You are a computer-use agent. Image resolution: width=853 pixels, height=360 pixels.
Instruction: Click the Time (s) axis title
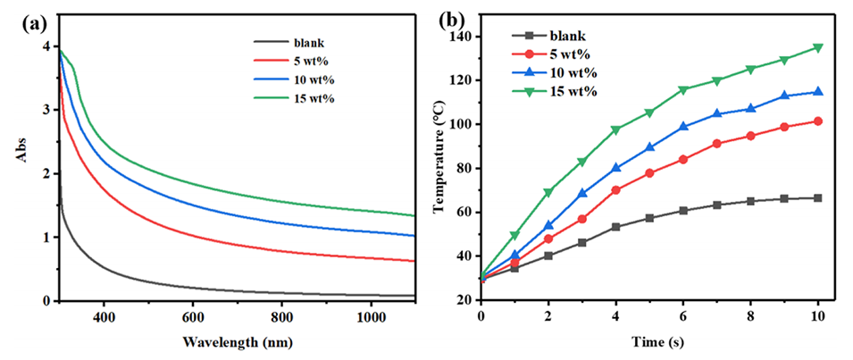649,342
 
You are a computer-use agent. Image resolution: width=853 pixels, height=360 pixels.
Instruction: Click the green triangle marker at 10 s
817,48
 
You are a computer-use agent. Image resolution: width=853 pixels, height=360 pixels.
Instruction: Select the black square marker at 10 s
817,197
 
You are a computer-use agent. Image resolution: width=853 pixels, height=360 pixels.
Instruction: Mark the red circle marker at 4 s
616,189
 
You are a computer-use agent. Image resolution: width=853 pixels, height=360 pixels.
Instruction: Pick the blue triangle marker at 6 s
683,127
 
